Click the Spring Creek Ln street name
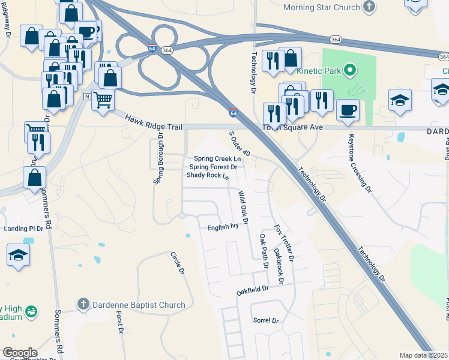(217, 158)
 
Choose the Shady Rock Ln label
(208, 176)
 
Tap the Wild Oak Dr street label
(243, 203)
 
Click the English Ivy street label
(223, 227)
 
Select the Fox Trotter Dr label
(285, 243)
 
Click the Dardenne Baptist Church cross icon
(84, 305)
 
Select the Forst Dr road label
(120, 323)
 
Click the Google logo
(20, 353)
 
